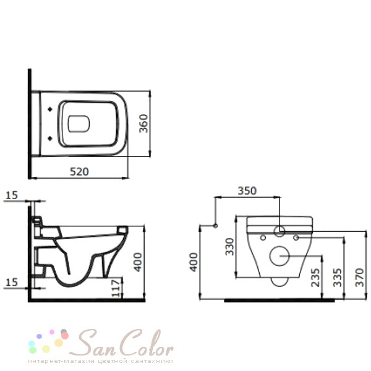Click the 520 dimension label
tap(80, 171)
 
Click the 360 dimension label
tap(143, 124)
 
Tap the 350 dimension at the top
tap(247, 190)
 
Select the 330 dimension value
tap(229, 247)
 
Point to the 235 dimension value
tap(315, 277)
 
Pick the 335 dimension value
tap(338, 277)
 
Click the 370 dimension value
tap(360, 277)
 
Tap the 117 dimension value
tap(116, 288)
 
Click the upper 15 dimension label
tap(12, 195)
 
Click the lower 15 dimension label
tap(12, 283)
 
